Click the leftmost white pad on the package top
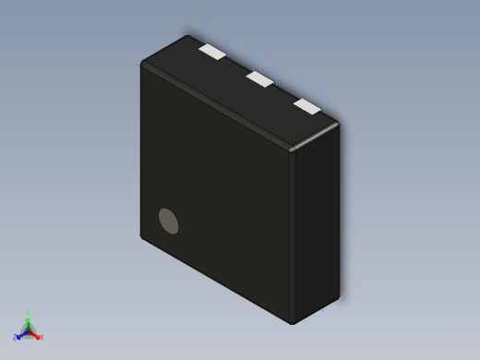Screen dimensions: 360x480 click(x=212, y=53)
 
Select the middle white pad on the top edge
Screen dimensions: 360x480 click(x=260, y=79)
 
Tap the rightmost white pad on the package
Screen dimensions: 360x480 click(x=307, y=107)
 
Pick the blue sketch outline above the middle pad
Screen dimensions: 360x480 click(x=262, y=57)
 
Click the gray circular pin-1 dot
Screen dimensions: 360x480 click(x=168, y=221)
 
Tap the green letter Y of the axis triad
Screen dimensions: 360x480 click(x=29, y=314)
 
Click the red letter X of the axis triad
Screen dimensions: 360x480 click(x=41, y=337)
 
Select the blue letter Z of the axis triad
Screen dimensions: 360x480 click(x=15, y=338)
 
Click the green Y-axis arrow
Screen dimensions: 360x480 click(x=29, y=322)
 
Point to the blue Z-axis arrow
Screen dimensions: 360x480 click(x=21, y=335)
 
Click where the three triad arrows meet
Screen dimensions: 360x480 click(x=29, y=330)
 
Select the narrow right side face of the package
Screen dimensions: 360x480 click(x=317, y=222)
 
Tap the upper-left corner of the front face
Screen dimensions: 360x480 click(x=143, y=65)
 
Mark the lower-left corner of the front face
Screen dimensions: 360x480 click(x=143, y=236)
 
